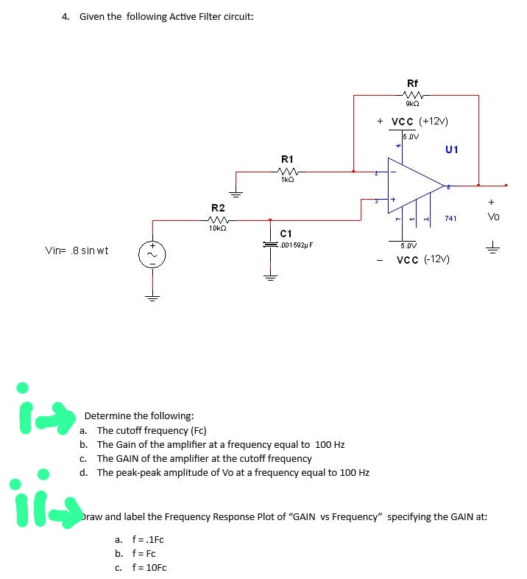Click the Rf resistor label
point(412,83)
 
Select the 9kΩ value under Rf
point(412,105)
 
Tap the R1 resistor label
point(287,159)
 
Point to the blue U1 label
point(452,150)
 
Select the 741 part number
point(450,218)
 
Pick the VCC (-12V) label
point(422,259)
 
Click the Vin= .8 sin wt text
point(77,250)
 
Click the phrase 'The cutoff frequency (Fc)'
point(152,430)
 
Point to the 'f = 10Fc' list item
point(149,567)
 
